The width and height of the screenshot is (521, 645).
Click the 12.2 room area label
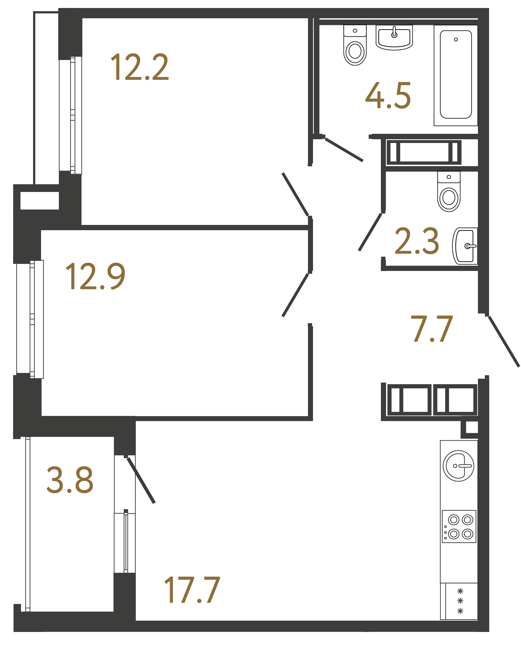[x=139, y=67]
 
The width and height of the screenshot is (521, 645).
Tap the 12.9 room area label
[x=95, y=276]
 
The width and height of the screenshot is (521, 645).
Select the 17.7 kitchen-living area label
[x=192, y=590]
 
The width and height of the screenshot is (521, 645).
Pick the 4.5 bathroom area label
[x=388, y=95]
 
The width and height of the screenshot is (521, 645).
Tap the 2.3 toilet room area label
[x=417, y=241]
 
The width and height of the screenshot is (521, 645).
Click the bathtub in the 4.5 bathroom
[x=456, y=75]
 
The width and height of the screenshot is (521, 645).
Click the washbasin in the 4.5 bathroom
[x=394, y=38]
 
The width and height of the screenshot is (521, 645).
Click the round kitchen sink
[x=458, y=466]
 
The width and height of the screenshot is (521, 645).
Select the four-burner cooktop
[x=459, y=527]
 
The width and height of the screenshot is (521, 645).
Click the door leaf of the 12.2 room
[x=295, y=194]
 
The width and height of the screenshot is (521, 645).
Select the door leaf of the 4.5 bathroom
[x=344, y=150]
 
